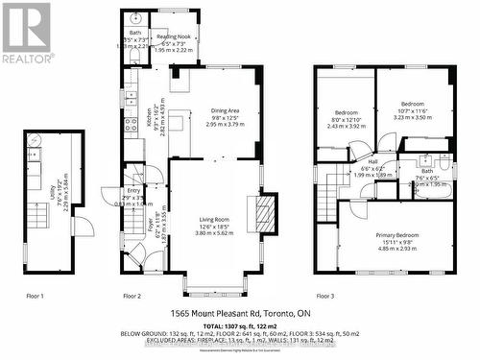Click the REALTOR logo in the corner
coord(26,33)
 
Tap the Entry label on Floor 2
coord(132,192)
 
